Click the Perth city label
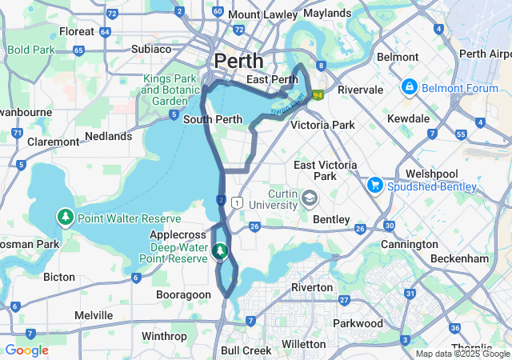(x=238, y=61)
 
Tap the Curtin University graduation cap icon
(x=309, y=196)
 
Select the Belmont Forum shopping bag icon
(x=409, y=86)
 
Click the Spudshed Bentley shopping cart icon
(x=374, y=185)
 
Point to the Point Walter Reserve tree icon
(x=63, y=217)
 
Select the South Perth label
(x=213, y=120)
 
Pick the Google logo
(x=26, y=350)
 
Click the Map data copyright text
(x=462, y=354)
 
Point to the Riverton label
(x=311, y=287)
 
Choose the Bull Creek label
(x=246, y=350)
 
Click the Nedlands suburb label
(x=108, y=137)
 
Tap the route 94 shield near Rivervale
(x=318, y=95)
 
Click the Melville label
(x=94, y=316)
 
